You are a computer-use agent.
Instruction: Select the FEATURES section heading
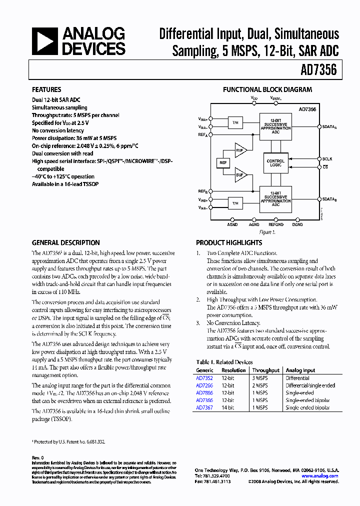tap(46, 90)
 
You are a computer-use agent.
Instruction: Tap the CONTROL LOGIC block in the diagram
tap(275, 163)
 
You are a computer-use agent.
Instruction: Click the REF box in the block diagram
tap(223, 163)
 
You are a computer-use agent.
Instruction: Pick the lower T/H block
tap(234, 203)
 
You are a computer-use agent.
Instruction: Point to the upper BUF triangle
tap(240, 149)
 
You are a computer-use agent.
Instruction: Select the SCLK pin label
tap(327, 159)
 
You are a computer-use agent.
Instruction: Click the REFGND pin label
tap(275, 225)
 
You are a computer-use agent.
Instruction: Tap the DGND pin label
tap(297, 225)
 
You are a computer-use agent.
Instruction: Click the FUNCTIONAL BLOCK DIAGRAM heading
tap(267, 90)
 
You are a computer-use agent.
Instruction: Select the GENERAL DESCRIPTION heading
tap(65, 242)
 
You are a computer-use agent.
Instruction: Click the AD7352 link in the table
tap(204, 378)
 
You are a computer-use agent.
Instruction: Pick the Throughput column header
tap(265, 370)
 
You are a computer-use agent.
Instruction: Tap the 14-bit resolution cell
tap(227, 408)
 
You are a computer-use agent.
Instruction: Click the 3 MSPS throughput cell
tap(259, 378)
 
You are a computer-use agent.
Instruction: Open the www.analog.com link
tap(320, 476)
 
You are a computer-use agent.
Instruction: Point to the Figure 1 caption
tap(267, 232)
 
